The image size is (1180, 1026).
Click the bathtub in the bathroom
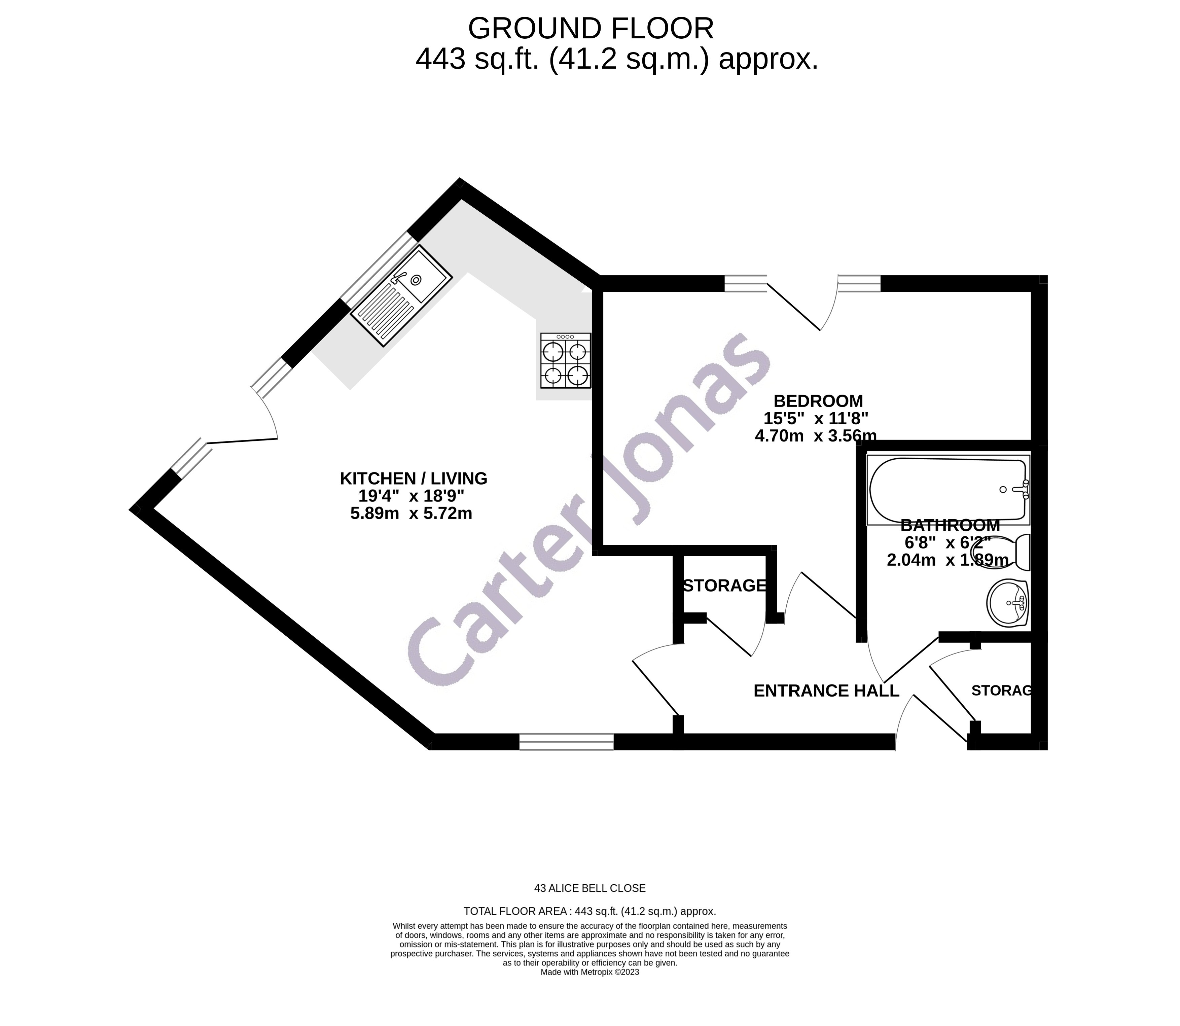click(x=947, y=490)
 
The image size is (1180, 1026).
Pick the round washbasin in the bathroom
click(x=1008, y=603)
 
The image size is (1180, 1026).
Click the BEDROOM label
click(x=818, y=401)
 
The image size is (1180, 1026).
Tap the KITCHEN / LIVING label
click(x=414, y=479)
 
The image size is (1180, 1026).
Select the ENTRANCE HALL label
click(x=826, y=691)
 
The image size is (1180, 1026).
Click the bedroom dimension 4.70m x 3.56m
click(x=815, y=436)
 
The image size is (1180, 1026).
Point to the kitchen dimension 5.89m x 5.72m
click(x=411, y=514)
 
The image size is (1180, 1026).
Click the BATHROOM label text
click(x=950, y=525)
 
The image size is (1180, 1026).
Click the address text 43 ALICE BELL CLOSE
click(x=590, y=889)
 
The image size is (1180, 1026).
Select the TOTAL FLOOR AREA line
click(x=590, y=912)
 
